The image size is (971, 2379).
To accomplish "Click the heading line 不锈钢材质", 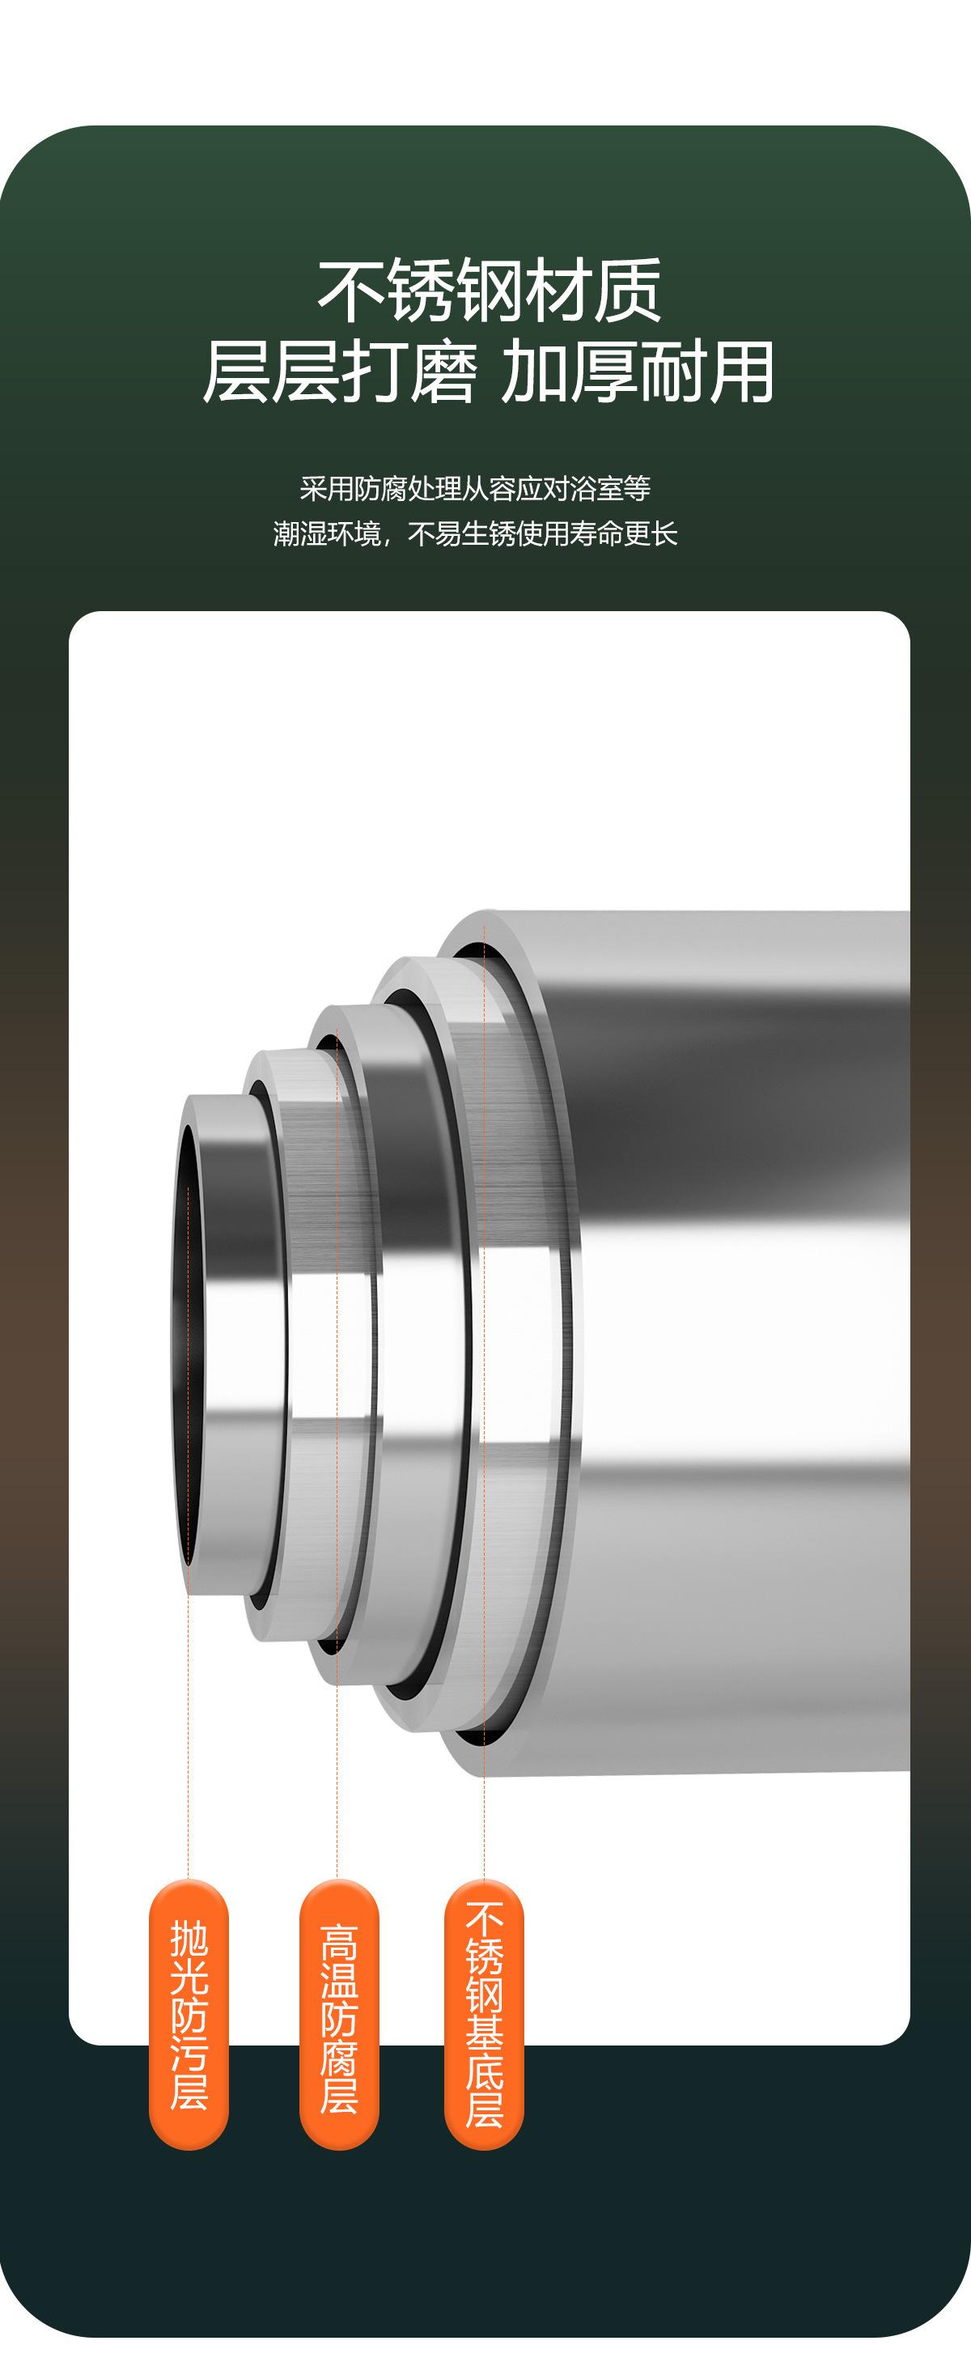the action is [490, 291].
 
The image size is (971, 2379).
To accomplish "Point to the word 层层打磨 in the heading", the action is [340, 372].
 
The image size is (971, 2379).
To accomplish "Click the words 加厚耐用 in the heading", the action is [637, 372].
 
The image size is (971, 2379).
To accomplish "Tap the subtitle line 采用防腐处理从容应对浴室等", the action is [475, 489].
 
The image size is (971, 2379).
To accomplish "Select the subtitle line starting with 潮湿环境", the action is [475, 533].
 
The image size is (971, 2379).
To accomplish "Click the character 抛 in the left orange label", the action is [189, 1940].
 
